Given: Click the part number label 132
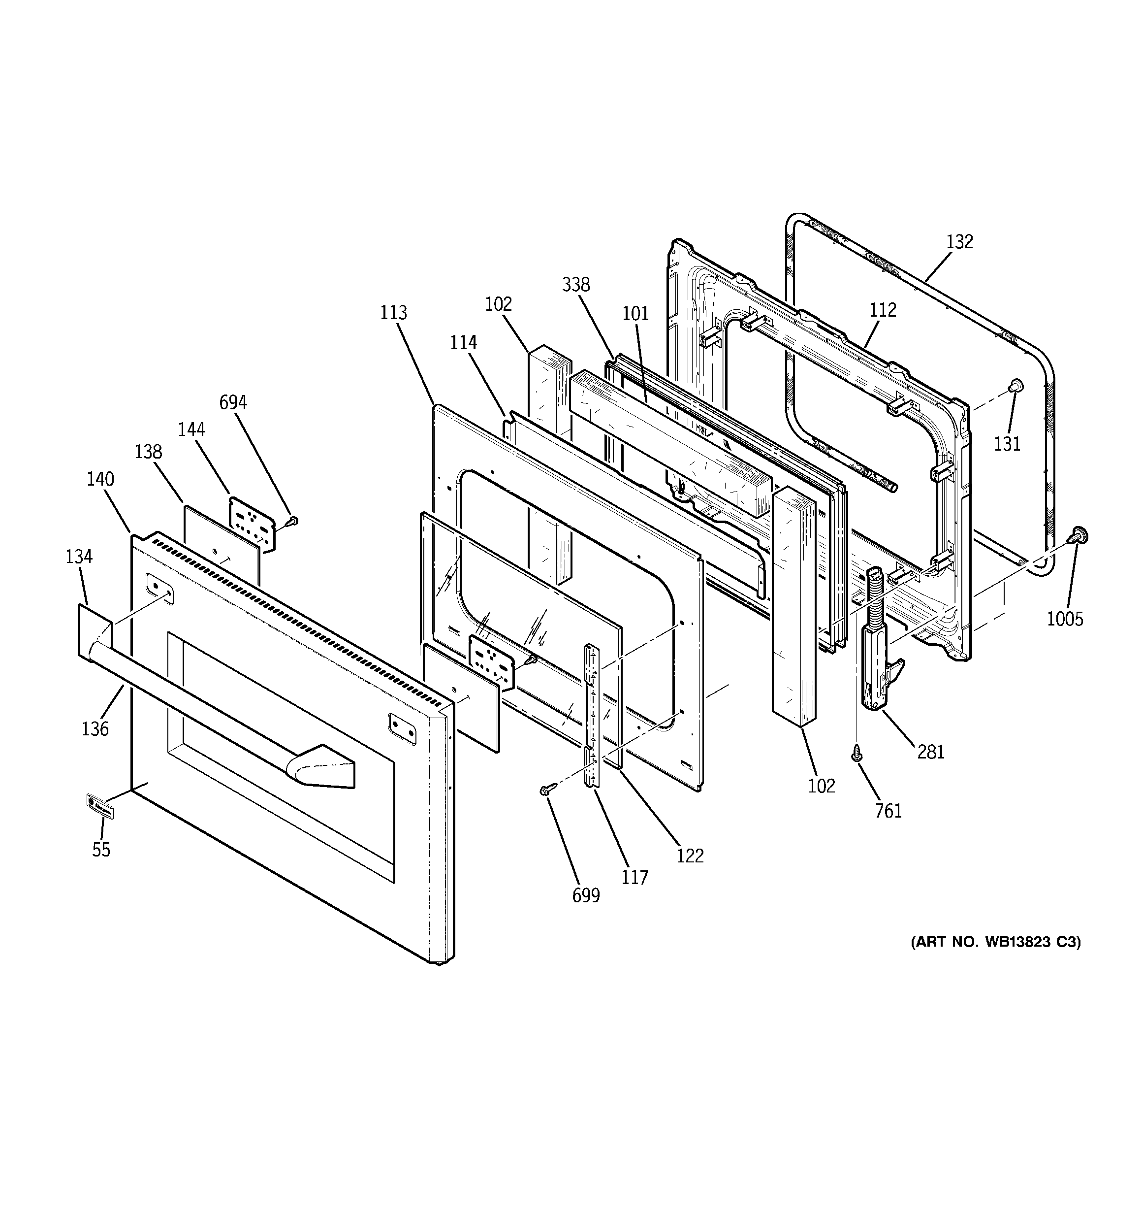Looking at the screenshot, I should [x=959, y=242].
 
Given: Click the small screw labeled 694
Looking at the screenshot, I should [x=293, y=521].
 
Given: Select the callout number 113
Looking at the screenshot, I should [x=393, y=313].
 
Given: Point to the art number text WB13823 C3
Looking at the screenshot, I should [x=996, y=959].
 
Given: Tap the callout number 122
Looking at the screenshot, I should [x=690, y=856].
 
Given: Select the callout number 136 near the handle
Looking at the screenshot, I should [x=95, y=728].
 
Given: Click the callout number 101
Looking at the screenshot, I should [x=635, y=313].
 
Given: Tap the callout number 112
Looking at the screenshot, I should [x=883, y=310].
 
